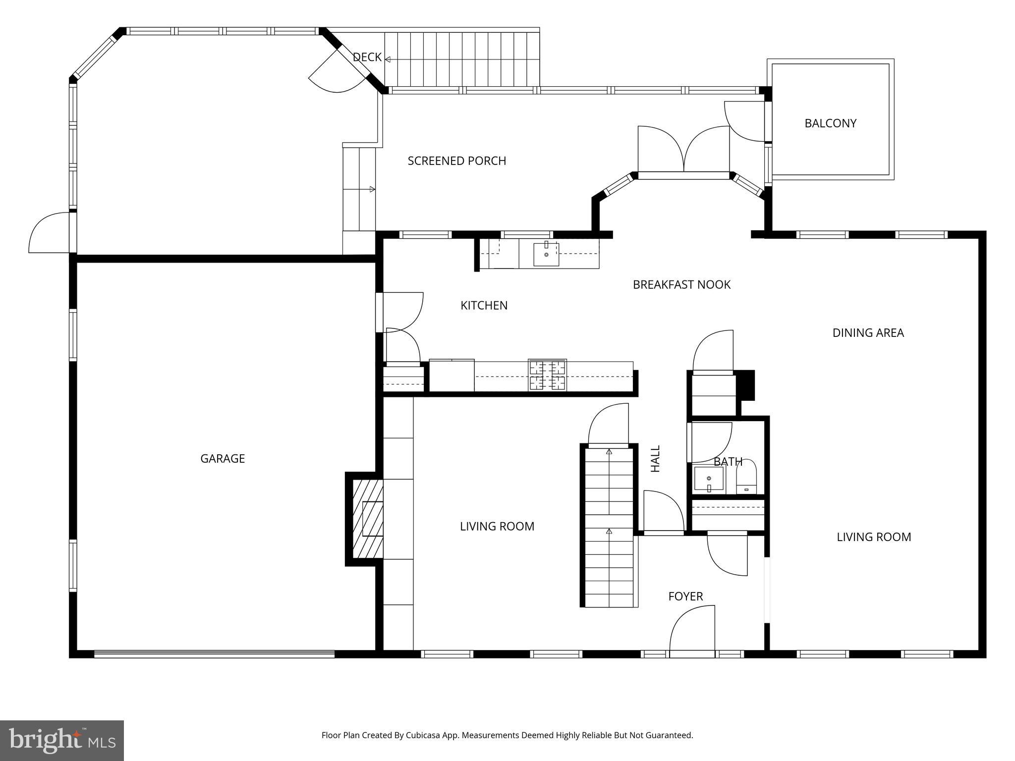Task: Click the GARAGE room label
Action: (222, 458)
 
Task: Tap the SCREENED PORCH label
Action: (456, 161)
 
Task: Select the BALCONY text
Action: (830, 123)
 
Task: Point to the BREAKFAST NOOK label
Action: (681, 284)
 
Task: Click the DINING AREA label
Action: (868, 333)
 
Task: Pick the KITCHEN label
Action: (484, 305)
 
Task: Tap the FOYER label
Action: (685, 596)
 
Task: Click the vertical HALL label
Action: (655, 458)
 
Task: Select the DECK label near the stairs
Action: (367, 57)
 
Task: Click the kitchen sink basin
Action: (546, 254)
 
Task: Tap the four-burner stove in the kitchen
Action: (547, 375)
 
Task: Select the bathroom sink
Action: (709, 479)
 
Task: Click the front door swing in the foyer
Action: (692, 630)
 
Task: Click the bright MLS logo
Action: (62, 740)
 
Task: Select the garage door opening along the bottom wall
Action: (214, 654)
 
